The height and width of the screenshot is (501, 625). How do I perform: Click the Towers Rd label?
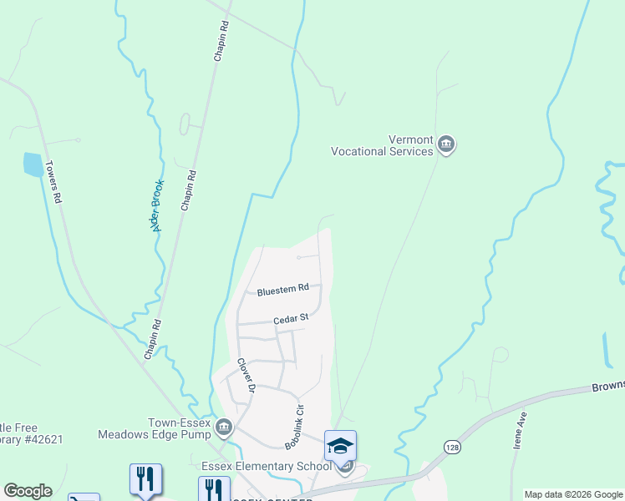pos(54,182)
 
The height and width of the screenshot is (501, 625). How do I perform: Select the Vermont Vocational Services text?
pos(383,145)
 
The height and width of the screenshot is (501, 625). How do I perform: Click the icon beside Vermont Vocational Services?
pos(446,145)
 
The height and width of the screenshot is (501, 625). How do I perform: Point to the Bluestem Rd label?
pos(282,290)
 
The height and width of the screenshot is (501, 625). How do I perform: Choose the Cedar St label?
pos(292,318)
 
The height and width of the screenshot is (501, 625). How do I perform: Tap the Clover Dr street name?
pos(244,375)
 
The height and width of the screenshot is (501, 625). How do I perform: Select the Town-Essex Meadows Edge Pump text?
pos(157,428)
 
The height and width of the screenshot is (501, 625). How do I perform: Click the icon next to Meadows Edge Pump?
pos(223,428)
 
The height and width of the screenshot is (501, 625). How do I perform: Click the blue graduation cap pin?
pos(340,447)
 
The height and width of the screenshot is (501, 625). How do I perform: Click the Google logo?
pos(28,491)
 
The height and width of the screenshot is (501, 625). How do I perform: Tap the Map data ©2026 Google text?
pos(573,494)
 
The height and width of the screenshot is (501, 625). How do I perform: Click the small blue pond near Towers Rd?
pos(33,164)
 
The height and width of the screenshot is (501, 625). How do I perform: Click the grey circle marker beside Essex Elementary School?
pos(344,466)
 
